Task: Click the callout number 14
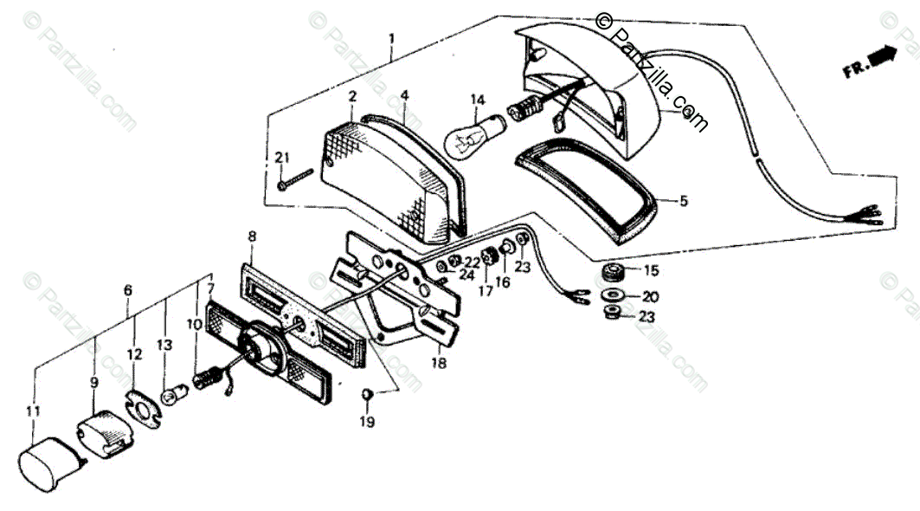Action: tap(478, 100)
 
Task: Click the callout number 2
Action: tap(352, 96)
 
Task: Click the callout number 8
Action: tap(252, 236)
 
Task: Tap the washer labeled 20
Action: tap(613, 295)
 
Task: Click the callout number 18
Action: tap(439, 364)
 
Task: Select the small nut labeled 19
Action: tap(367, 396)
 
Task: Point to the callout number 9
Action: tap(94, 382)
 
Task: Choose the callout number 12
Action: tap(134, 354)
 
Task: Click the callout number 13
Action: tap(164, 345)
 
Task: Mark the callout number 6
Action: tap(128, 290)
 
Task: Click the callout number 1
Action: tap(391, 39)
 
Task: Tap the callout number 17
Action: tap(486, 291)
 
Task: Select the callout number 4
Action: tap(405, 94)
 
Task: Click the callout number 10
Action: tap(194, 324)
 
